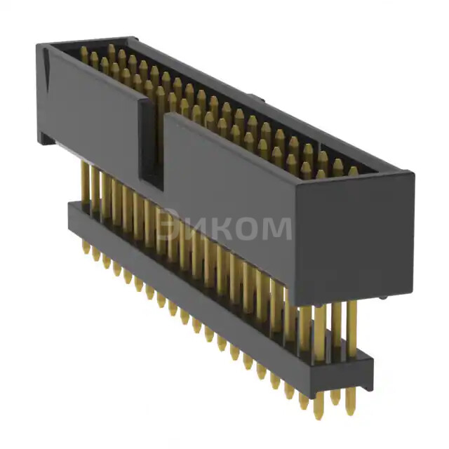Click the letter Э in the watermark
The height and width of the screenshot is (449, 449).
pos(169,227)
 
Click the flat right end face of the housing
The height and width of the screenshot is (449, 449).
pos(354,239)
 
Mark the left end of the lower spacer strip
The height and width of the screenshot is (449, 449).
pos(70,210)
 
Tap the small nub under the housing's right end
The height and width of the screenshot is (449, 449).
pos(382,297)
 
